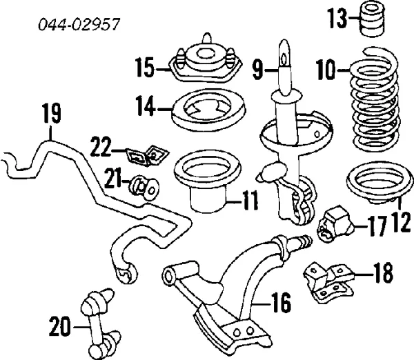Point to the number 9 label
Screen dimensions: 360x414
(x=257, y=68)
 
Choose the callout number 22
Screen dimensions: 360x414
(x=102, y=148)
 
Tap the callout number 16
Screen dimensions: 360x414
(x=277, y=302)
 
